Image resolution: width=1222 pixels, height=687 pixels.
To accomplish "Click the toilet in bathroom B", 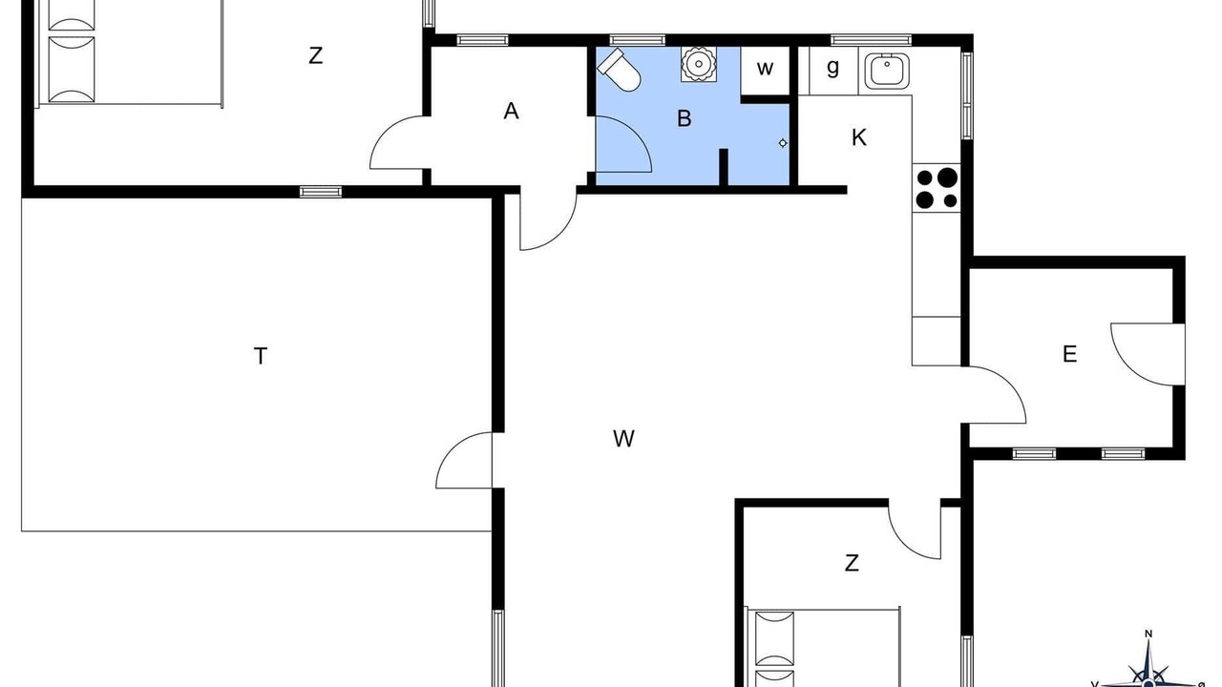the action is coord(619,70).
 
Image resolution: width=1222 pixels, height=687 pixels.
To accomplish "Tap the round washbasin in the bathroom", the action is coord(698,64).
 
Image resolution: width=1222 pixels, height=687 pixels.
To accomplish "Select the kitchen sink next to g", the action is coord(887,71).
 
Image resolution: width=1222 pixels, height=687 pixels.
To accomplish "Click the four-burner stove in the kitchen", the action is coord(937,188).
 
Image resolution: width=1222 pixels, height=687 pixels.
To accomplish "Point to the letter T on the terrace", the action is coord(261,356).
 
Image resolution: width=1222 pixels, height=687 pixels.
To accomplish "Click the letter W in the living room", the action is coord(623,438).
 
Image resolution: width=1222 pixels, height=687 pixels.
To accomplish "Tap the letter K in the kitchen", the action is coord(858,137).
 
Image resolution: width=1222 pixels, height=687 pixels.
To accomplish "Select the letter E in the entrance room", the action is coord(1070,354).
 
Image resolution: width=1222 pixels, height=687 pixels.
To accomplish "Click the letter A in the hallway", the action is coord(511,112).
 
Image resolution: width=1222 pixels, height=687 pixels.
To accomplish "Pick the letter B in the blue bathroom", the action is coord(685,118).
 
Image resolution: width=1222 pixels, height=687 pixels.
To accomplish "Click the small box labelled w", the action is coord(766,71).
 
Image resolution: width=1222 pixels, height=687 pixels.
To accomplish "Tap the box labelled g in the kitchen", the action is coord(833,71).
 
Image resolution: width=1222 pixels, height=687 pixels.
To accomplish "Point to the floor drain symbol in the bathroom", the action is coord(783,143).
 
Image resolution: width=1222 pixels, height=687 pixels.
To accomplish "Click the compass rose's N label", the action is coord(1148,634).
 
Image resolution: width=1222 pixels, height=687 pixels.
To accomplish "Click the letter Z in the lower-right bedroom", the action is coord(852,563).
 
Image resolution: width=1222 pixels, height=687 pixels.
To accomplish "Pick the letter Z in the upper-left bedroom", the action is coord(315,55).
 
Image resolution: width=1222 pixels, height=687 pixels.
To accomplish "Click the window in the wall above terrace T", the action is coord(321,192).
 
